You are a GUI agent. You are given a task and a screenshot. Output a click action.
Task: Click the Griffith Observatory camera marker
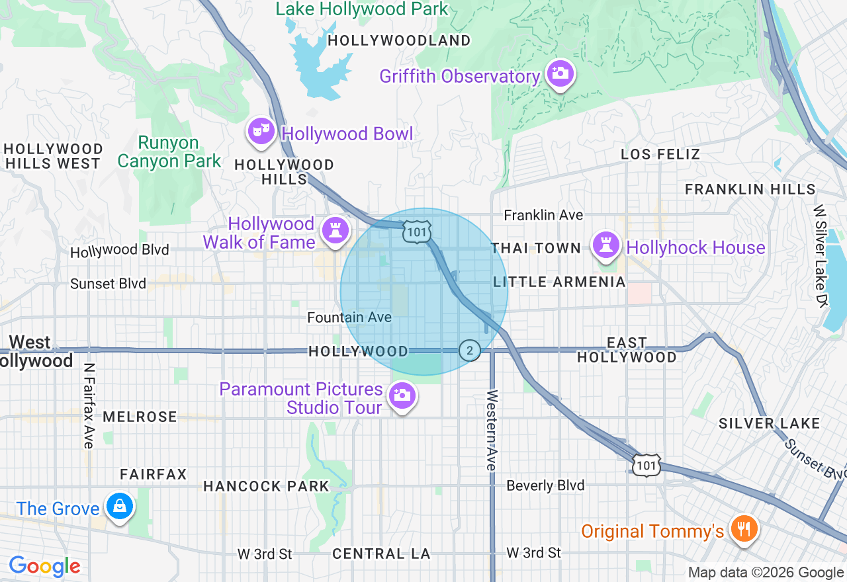560,73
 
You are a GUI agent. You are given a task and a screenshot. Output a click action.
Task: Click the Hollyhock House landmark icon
605,245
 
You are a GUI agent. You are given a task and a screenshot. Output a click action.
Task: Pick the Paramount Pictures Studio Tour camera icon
401,395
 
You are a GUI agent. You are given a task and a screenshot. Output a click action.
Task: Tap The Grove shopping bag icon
119,506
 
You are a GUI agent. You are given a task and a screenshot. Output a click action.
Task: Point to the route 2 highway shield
470,351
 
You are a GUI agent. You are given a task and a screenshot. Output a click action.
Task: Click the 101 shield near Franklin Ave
417,231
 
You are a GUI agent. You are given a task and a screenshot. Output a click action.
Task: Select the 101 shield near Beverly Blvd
646,466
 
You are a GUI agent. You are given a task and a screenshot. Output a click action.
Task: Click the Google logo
44,566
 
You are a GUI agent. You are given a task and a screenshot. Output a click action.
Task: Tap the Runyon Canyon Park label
169,152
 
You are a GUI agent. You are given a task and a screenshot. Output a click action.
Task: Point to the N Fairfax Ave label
89,405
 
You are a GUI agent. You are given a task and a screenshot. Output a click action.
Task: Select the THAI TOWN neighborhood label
536,248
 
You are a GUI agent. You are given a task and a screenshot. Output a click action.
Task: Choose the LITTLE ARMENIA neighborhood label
559,282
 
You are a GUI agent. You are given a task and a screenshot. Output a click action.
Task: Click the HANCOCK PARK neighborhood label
266,486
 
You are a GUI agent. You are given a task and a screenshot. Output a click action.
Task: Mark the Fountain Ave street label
349,318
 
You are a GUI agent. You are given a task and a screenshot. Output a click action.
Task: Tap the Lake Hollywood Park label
362,9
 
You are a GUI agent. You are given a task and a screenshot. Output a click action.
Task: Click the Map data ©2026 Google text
766,573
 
